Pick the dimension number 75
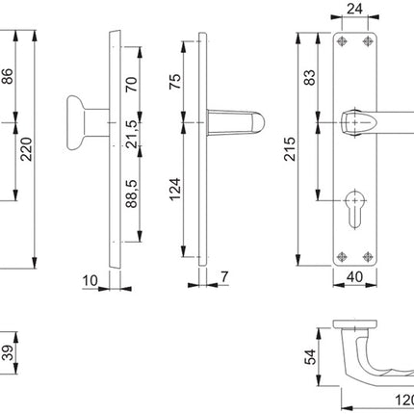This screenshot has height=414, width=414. [x=174, y=82]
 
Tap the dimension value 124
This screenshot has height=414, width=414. [x=174, y=185]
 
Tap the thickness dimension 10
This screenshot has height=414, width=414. [x=91, y=280]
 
